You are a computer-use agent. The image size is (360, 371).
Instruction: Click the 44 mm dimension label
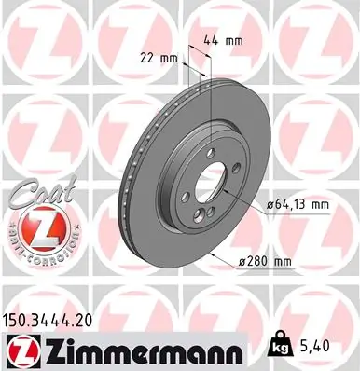[x=218, y=42]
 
